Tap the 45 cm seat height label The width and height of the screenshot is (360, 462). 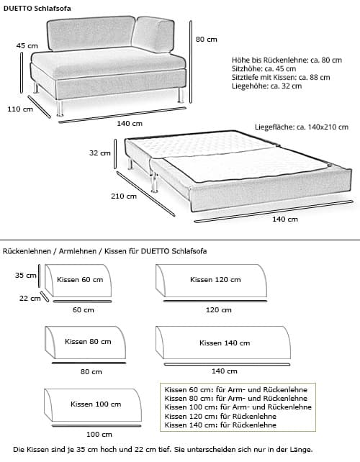[27, 45]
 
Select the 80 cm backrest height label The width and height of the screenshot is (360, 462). [206, 40]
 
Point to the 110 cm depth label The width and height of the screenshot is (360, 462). [20, 109]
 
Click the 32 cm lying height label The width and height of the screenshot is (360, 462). [99, 153]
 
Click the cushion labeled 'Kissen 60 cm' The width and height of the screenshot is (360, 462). [79, 281]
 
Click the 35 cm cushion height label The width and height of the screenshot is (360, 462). [26, 275]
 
